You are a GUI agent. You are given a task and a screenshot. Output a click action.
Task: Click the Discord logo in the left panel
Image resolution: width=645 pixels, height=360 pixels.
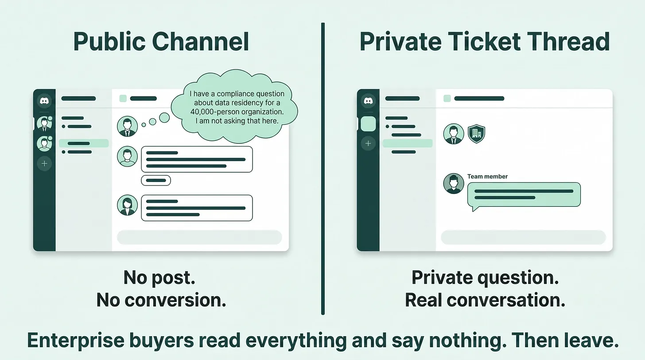[44, 101]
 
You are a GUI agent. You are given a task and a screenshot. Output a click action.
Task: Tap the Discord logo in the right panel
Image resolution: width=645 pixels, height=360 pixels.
[368, 101]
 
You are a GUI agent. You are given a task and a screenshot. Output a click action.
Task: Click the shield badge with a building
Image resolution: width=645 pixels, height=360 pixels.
[476, 134]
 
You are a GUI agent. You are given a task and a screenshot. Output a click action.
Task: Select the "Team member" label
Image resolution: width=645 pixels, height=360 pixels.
[487, 176]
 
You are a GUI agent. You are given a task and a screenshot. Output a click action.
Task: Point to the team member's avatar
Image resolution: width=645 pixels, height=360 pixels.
[454, 184]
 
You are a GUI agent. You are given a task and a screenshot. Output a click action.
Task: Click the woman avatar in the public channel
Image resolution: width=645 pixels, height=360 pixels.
[127, 205]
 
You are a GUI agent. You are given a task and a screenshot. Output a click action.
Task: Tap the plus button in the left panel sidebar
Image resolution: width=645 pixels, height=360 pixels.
[44, 164]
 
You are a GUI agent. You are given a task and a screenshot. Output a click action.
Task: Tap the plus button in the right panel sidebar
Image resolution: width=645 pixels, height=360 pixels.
[368, 143]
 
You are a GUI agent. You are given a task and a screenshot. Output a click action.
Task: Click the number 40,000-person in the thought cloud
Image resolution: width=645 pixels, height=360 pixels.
[217, 112]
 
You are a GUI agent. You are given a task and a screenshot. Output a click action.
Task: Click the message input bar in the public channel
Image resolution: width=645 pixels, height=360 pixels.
[199, 237]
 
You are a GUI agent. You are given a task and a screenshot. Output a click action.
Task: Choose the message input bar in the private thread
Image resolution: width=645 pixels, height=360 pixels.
[523, 237]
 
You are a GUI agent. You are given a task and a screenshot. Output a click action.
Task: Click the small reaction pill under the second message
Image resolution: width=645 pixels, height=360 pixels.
[156, 180]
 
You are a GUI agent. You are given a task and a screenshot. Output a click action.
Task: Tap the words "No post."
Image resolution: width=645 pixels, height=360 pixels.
[159, 278]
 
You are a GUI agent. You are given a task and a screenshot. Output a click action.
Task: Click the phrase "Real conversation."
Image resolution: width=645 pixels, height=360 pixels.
[485, 300]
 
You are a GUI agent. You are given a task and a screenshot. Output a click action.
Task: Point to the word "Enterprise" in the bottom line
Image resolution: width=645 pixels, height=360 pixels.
[76, 341]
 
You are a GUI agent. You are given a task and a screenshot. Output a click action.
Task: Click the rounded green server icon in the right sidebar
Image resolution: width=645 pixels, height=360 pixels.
[368, 124]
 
